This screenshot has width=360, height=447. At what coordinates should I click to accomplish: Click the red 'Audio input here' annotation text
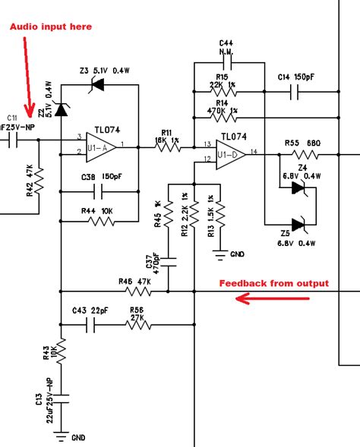pyautogui.click(x=50, y=27)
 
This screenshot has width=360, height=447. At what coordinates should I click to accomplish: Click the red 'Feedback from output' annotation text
pyautogui.click(x=274, y=284)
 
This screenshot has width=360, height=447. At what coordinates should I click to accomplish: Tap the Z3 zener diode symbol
pyautogui.click(x=98, y=86)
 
